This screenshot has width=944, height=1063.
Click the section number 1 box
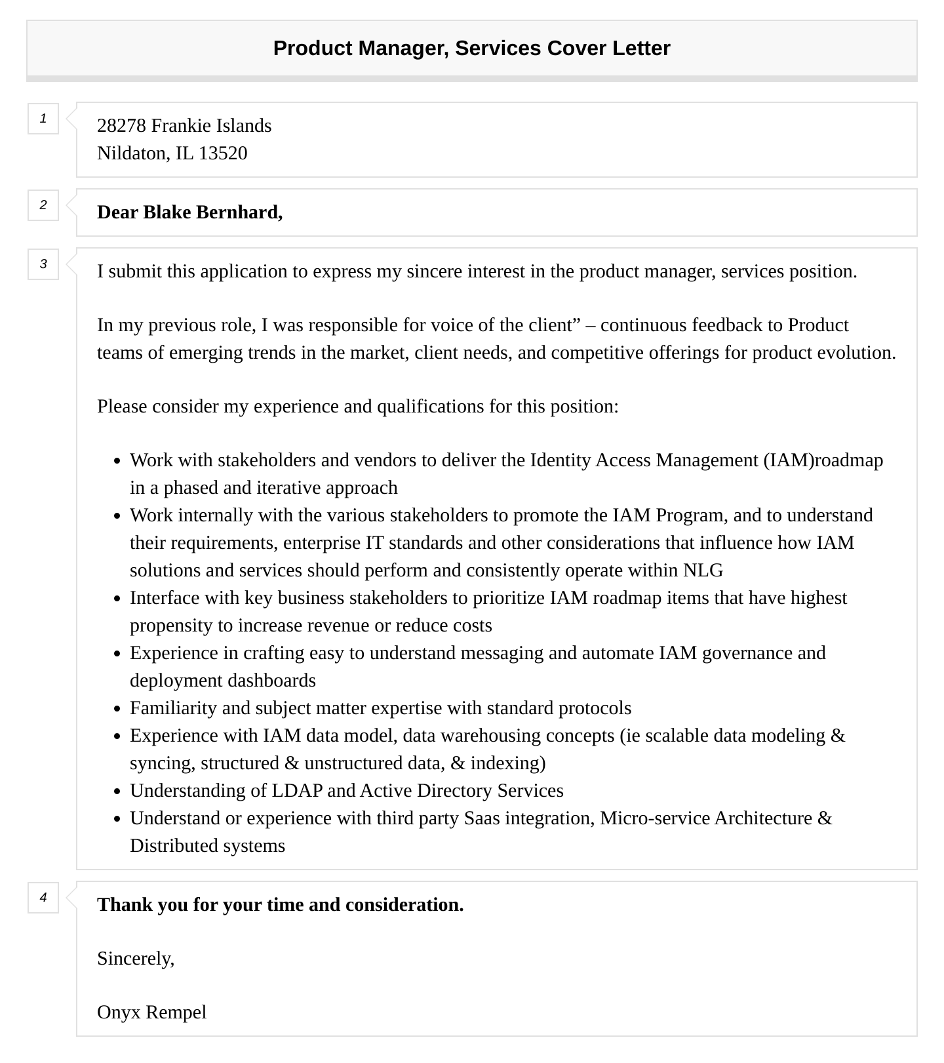coord(43,119)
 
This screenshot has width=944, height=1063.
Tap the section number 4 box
coord(43,897)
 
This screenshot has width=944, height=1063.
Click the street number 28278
coord(121,126)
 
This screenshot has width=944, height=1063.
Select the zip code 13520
coord(223,153)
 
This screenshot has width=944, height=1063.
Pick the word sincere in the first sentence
coord(435,271)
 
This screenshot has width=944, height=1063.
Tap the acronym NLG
coord(703,571)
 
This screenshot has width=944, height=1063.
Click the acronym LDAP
coord(297,791)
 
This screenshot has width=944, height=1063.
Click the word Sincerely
coord(136,959)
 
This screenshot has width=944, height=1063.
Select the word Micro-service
coord(655,818)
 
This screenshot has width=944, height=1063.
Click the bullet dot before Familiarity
coord(117,710)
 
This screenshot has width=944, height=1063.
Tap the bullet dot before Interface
coord(117,599)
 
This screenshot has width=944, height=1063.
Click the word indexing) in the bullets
coord(507,763)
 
